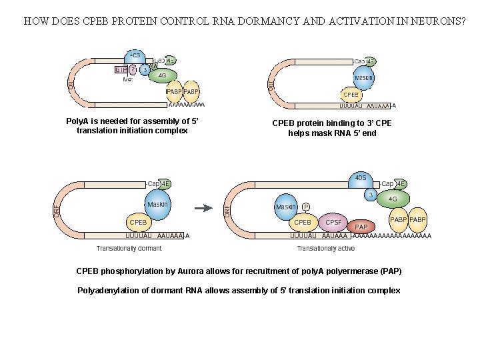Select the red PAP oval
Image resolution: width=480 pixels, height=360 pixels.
click(361, 227)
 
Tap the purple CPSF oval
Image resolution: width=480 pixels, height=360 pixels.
click(333, 222)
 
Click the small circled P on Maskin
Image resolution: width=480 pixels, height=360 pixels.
click(305, 207)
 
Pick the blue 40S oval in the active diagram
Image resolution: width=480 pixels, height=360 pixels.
click(360, 179)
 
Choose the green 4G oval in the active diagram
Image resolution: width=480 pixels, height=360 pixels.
click(393, 198)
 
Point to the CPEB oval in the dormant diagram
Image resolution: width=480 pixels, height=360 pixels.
click(138, 222)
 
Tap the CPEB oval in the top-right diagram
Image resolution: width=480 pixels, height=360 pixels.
click(351, 95)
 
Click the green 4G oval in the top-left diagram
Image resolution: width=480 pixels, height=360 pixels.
click(162, 75)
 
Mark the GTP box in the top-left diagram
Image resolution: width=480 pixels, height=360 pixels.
click(121, 69)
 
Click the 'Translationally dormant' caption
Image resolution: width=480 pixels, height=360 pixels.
click(129, 249)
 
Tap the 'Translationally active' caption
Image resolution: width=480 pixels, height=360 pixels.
click(325, 249)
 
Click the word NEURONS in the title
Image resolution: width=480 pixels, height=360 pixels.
click(435, 21)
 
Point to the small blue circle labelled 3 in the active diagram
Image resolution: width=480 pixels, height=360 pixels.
click(370, 195)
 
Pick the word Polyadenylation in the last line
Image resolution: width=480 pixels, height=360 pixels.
click(108, 291)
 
